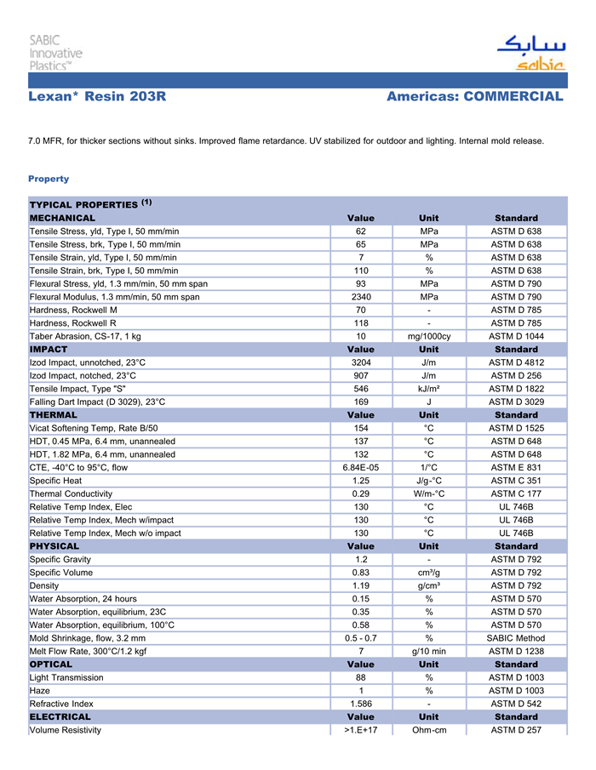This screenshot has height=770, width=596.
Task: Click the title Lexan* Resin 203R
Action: (97, 97)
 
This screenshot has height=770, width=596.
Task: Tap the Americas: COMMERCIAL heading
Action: (474, 97)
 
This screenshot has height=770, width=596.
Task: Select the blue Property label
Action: (49, 179)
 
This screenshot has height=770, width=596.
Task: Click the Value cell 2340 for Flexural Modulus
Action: (361, 297)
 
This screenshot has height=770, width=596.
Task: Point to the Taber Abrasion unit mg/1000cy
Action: (429, 336)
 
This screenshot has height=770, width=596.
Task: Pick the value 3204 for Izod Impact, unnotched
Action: (361, 362)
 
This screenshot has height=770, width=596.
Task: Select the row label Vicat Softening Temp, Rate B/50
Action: (94, 428)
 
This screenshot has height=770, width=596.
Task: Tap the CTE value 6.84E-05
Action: (361, 467)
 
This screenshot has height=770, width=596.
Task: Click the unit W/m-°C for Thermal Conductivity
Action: (429, 493)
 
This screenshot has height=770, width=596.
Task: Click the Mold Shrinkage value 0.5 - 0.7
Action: (361, 637)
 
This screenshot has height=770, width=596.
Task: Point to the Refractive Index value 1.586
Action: (361, 704)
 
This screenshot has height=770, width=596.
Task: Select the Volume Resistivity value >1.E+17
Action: (361, 730)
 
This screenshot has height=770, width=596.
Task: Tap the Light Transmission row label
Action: (66, 677)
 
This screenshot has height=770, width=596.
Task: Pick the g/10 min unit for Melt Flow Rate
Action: (429, 651)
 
